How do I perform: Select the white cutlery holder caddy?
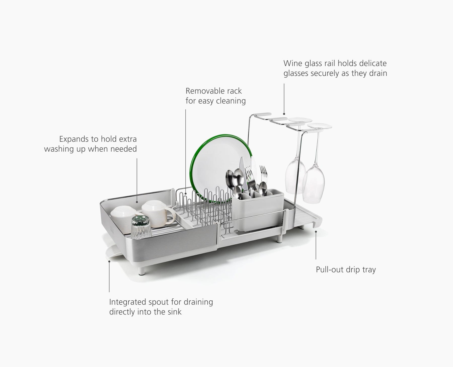click(x=258, y=209)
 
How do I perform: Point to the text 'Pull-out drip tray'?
click(x=346, y=270)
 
